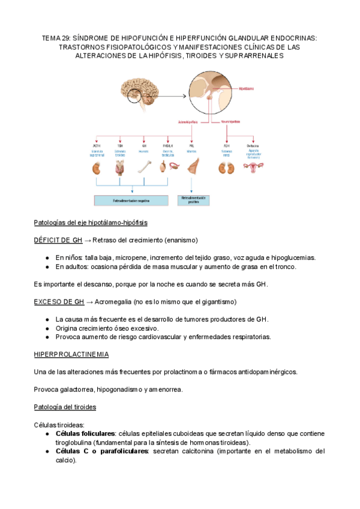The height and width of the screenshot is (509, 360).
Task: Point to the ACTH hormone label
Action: coord(96,145)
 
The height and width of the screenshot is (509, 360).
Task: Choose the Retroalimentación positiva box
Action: coord(193,199)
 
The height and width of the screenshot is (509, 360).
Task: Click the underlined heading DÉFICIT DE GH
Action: coord(58,240)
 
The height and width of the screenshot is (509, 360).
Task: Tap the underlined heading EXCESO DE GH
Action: coord(58,301)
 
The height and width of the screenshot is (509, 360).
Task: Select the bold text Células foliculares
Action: coord(85,433)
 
